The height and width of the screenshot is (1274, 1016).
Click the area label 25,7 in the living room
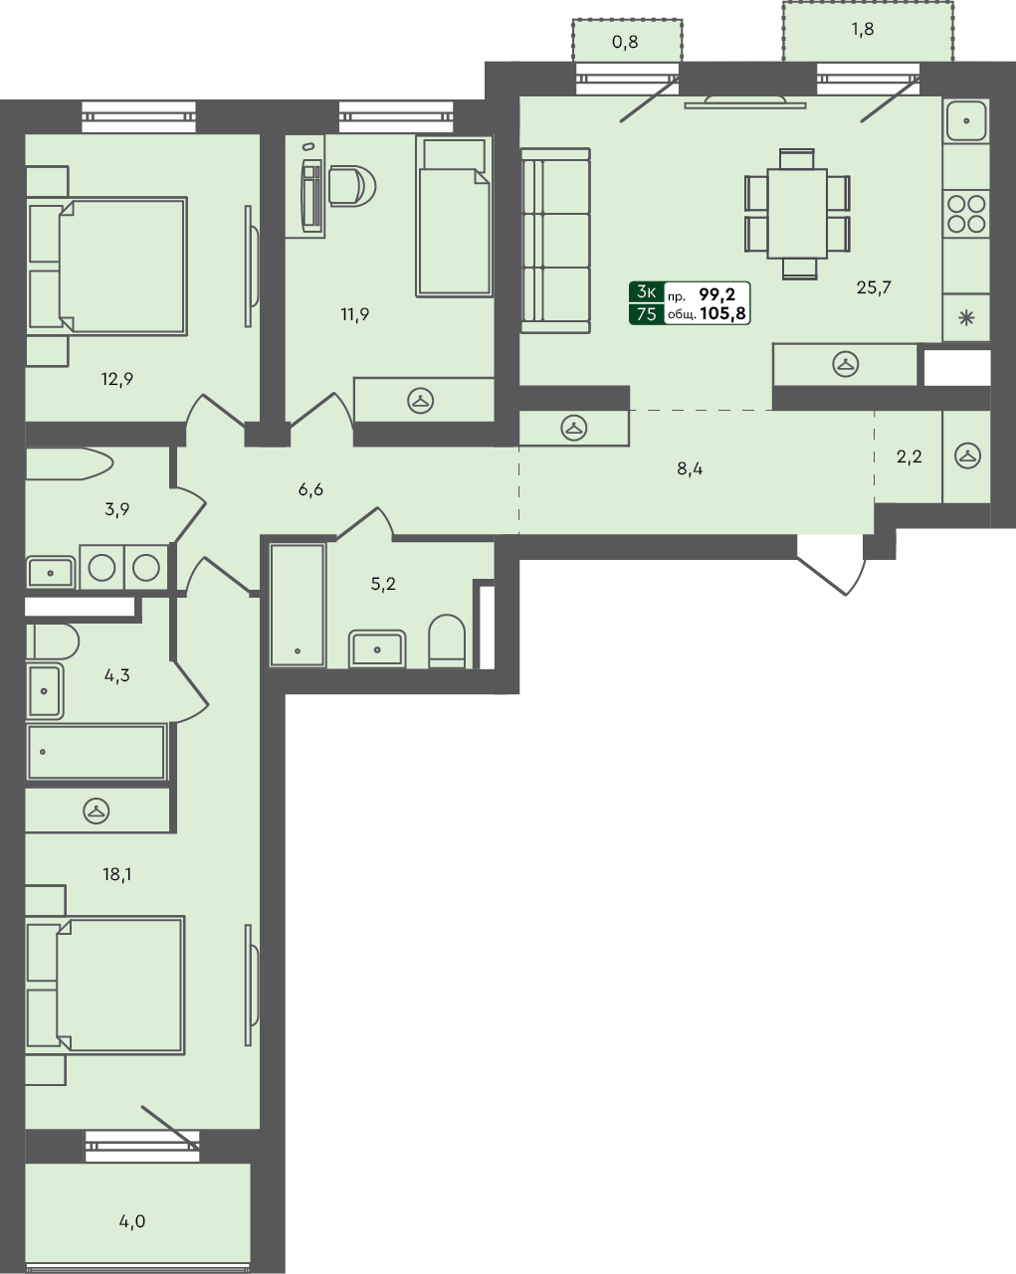(873, 287)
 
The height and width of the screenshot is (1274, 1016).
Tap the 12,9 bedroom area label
(116, 378)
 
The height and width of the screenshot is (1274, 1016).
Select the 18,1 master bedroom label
(116, 874)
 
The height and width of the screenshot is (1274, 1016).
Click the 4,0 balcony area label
(131, 1220)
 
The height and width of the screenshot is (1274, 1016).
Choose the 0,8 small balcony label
(625, 43)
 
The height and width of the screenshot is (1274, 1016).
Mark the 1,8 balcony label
(862, 29)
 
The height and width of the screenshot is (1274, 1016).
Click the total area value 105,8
(723, 312)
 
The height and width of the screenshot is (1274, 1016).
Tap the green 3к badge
(646, 292)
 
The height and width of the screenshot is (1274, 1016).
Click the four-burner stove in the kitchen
(966, 214)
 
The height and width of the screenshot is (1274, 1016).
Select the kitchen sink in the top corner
(966, 121)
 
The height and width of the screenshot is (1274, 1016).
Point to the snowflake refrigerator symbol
(965, 319)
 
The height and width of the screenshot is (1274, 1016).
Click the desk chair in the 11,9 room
(349, 186)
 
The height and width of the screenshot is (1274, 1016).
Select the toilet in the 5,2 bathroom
(447, 643)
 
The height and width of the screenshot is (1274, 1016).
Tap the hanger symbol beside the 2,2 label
(967, 456)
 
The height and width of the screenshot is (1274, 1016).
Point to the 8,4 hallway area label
(690, 468)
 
